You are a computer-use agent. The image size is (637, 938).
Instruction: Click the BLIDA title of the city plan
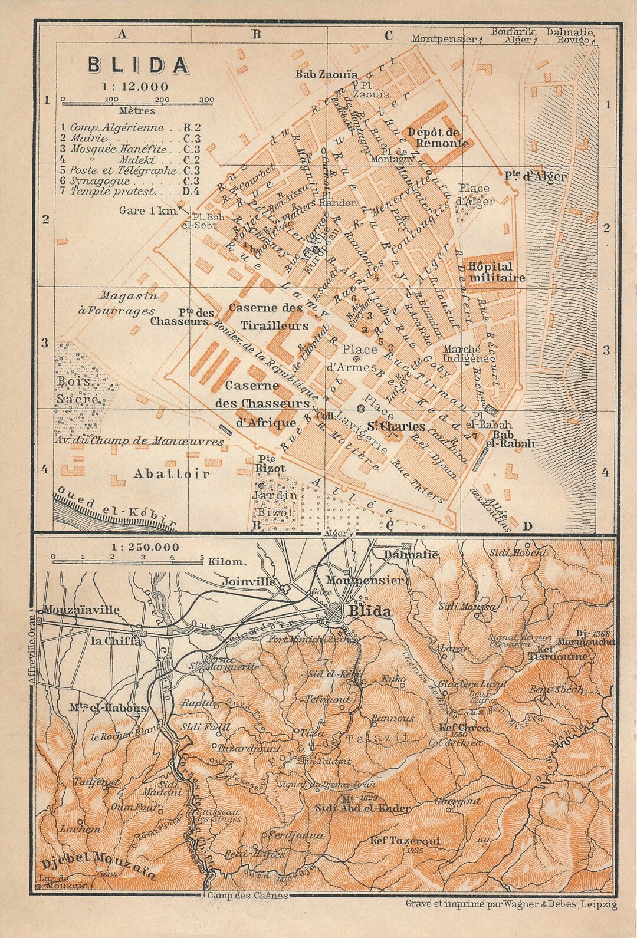pos(139,65)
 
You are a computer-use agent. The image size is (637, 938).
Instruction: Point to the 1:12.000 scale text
pos(134,86)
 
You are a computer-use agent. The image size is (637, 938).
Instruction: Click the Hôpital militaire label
pos(497,272)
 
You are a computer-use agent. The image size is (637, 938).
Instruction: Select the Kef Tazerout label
pos(406,841)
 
